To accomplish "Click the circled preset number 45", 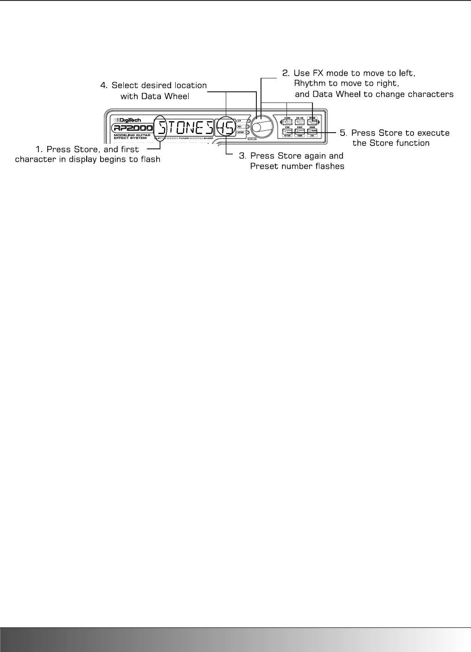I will (225, 126).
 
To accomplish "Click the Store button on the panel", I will (287, 132).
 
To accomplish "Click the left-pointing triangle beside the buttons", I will (280, 122).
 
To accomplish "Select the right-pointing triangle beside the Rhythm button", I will (319, 122).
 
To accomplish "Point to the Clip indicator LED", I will (248, 120).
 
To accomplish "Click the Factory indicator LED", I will (248, 133).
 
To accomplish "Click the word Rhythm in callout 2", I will (309, 83).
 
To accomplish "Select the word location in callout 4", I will (188, 86).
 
